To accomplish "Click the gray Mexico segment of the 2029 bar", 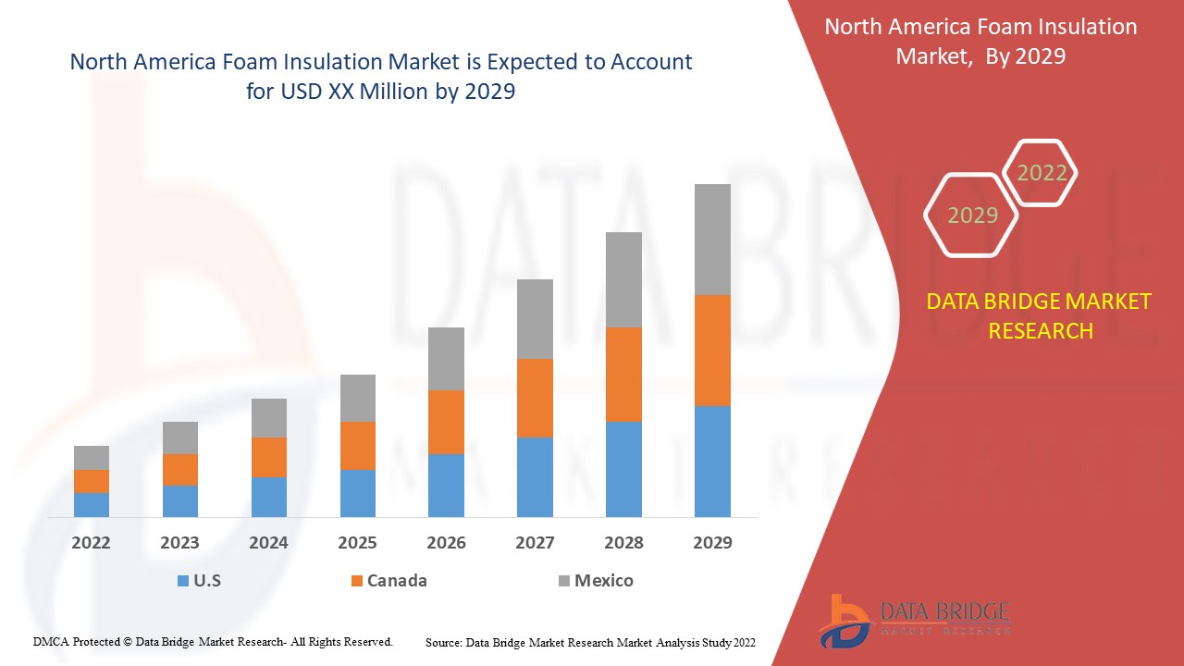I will point(712,239).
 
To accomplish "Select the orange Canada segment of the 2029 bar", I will point(712,350).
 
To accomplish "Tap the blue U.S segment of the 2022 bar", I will point(92,504).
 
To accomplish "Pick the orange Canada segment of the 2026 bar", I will point(446,422).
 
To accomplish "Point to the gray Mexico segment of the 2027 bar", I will point(535,318).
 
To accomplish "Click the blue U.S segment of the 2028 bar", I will point(623,469).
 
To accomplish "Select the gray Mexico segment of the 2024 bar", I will point(269,418).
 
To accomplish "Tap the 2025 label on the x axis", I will point(357,543).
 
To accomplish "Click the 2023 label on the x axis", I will point(179,543).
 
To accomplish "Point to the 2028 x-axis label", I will point(623,543).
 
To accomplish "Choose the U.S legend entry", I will point(199,581).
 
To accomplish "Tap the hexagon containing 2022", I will point(1042,173).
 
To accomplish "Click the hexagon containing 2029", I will point(971,216).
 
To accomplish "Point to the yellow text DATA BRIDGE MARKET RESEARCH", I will point(1040,315).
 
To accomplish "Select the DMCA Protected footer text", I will point(213,641).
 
